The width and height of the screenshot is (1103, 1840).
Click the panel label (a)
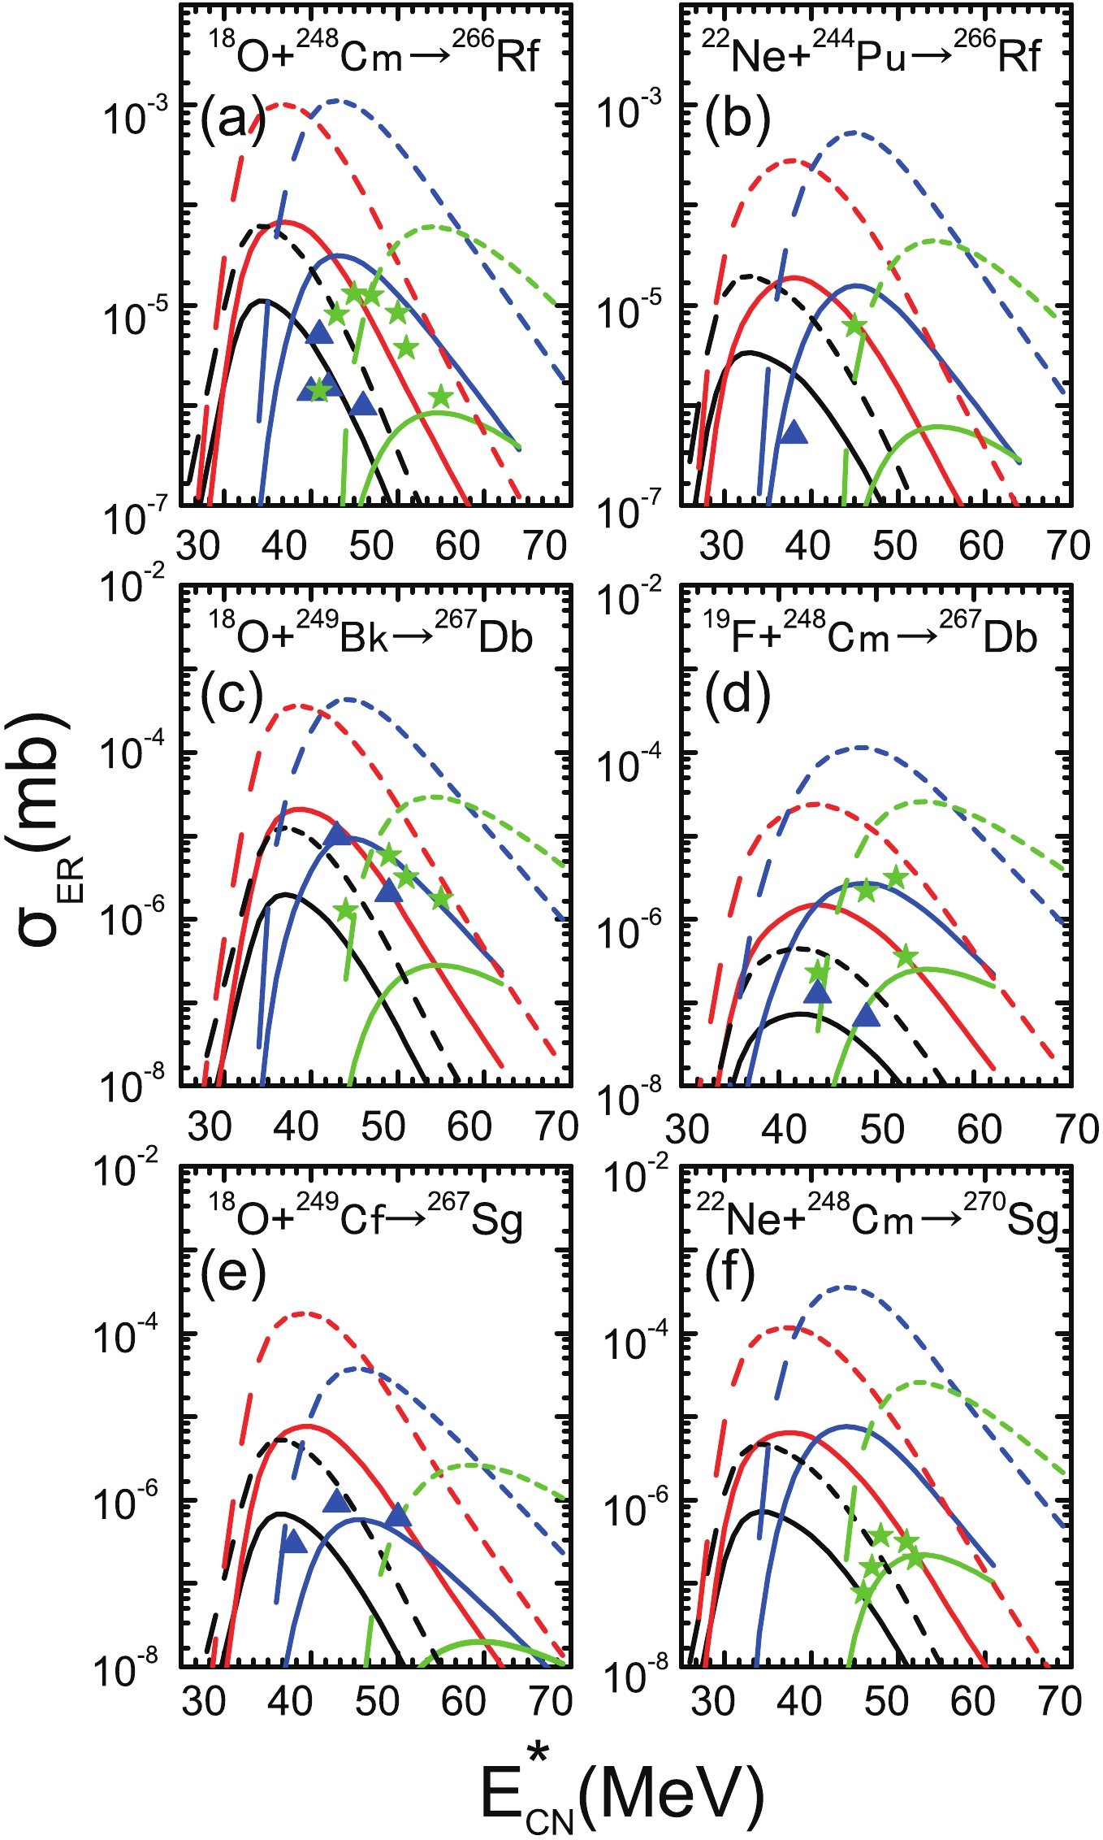(x=233, y=119)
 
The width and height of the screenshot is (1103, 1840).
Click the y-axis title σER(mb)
(x=45, y=829)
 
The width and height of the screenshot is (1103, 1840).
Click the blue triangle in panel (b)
(x=794, y=432)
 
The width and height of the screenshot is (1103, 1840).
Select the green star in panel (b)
(x=854, y=326)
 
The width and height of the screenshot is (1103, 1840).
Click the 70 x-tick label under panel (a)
(x=545, y=546)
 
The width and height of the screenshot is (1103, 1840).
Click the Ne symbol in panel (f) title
(x=750, y=1220)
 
